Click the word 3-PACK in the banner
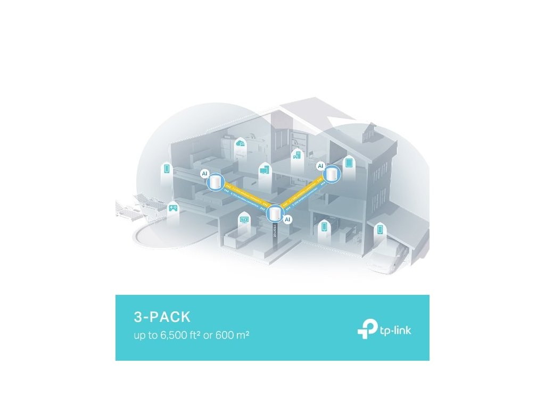[x=162, y=318]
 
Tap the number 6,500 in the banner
[x=170, y=336]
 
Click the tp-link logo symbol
[x=367, y=330]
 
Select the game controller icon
[x=173, y=208]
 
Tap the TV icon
[x=244, y=219]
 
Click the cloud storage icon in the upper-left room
[x=242, y=143]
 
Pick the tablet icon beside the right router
[x=350, y=163]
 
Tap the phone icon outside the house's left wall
[x=167, y=169]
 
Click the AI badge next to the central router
[x=287, y=219]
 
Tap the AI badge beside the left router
[x=204, y=174]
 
